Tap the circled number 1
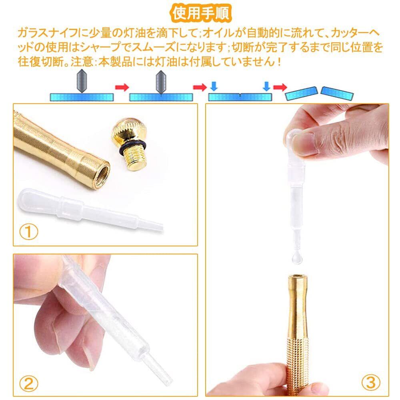pyautogui.click(x=28, y=232)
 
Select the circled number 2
pyautogui.click(x=28, y=384)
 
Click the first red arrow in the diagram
pyautogui.click(x=122, y=88)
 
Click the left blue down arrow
pyautogui.click(x=214, y=86)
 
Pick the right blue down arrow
pyautogui.click(x=266, y=86)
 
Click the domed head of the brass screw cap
pyautogui.click(x=129, y=131)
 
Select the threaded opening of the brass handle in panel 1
pyautogui.click(x=102, y=175)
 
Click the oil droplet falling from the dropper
pyautogui.click(x=297, y=257)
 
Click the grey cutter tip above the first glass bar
pyautogui.click(x=82, y=81)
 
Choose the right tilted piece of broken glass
pyautogui.click(x=337, y=93)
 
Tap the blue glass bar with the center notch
pyautogui.click(x=240, y=97)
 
